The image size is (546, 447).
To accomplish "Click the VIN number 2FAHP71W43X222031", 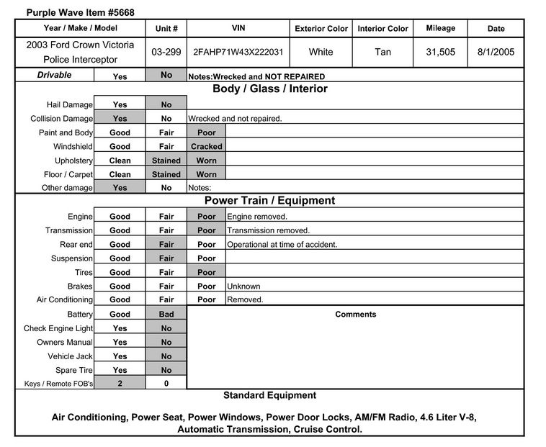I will pos(238,53).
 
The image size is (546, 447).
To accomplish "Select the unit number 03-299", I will pos(166,53).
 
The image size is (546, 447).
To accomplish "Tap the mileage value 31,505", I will pos(440,53).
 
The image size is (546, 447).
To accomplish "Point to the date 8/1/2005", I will pos(496,53).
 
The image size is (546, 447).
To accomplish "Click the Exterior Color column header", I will pos(321,29).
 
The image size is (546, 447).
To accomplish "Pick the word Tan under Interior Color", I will pos(383,53).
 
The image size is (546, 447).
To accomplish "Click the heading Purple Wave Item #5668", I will pos(80,12).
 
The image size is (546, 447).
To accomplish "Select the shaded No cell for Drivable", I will pos(166,75).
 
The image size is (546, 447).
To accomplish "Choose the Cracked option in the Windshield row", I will pos(206,146).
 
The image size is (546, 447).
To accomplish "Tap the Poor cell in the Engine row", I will pos(206,217).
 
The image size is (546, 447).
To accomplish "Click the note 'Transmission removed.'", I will pos(268,230).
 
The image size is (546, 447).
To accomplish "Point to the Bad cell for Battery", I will pos(166,315).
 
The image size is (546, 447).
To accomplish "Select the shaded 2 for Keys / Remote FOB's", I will pos(120,384).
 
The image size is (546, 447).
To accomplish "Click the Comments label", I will pos(356,315).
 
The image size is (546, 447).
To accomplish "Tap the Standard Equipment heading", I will pos(269,395).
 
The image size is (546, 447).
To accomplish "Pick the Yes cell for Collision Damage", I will pos(120,119).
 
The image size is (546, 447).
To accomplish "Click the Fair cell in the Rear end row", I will pos(166,245).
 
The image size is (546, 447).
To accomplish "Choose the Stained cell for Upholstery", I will pos(166,161).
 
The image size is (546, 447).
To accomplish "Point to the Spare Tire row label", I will pos(71,370).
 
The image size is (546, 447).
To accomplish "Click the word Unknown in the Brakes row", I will pos(243,286).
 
